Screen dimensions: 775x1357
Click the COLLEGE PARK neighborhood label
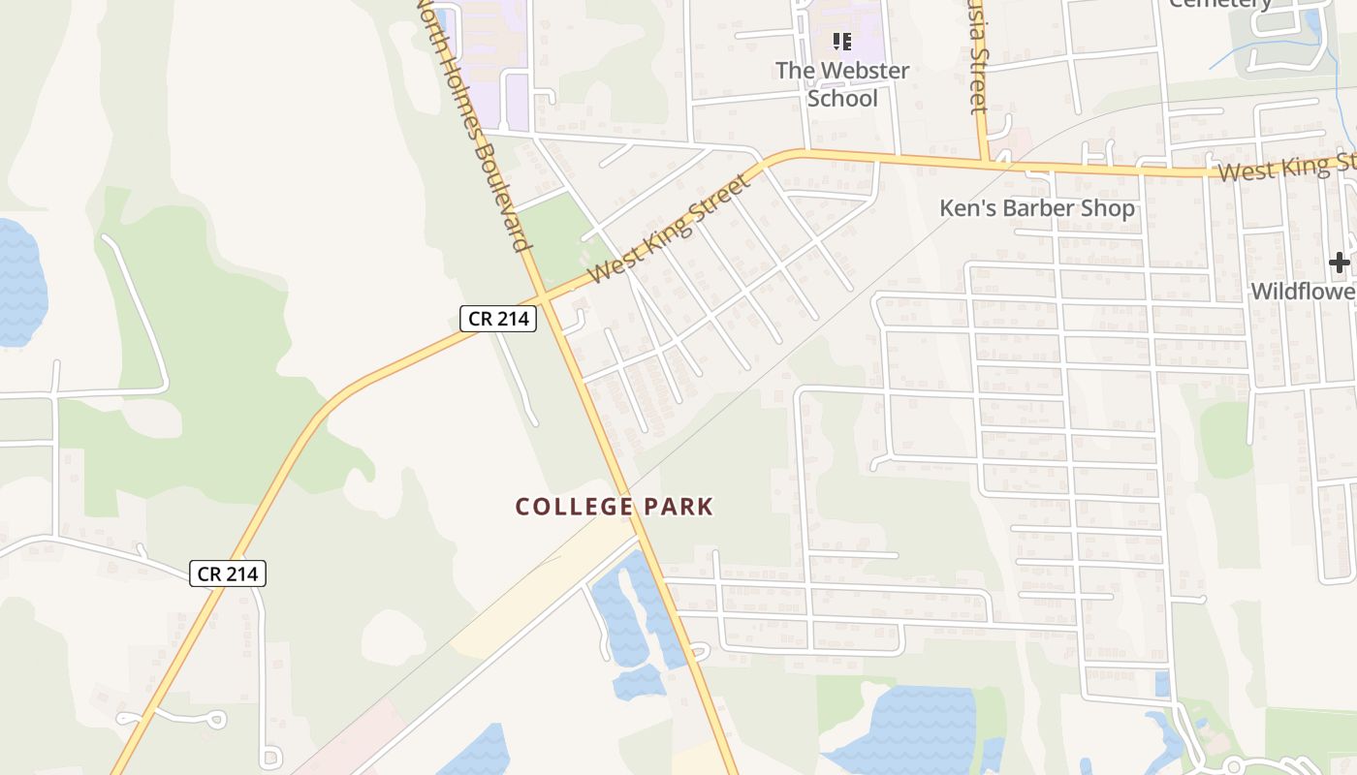[x=615, y=507]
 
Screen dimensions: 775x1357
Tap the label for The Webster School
[x=842, y=84]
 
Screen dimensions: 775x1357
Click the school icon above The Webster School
[x=842, y=42]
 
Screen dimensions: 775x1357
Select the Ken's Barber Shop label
[x=1037, y=208]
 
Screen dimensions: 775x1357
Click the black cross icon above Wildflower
[x=1339, y=262]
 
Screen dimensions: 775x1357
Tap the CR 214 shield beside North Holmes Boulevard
[x=498, y=318]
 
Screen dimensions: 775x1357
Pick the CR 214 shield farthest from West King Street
[x=228, y=573]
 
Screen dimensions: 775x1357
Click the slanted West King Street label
[x=670, y=229]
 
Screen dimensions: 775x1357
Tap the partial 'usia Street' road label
[x=979, y=58]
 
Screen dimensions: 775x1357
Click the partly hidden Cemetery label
[x=1221, y=4]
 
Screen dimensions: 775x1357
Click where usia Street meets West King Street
[x=983, y=162]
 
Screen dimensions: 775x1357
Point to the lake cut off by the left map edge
[x=19, y=281]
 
